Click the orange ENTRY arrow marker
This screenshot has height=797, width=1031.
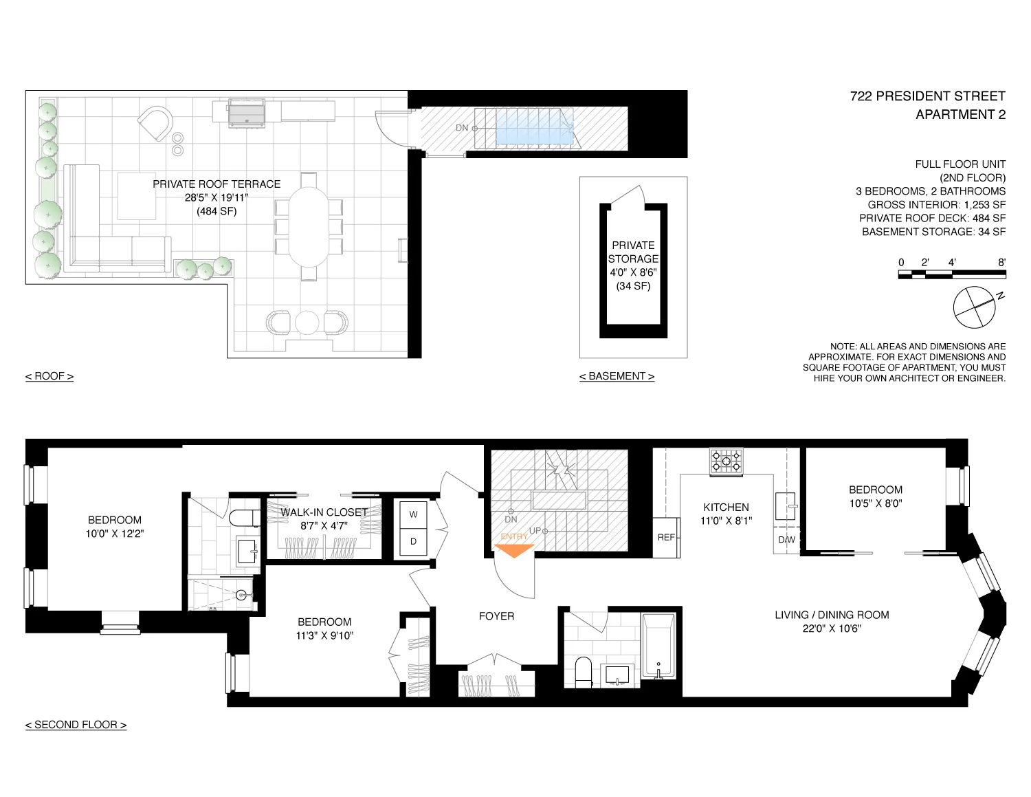(x=514, y=550)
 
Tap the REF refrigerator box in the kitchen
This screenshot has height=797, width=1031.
(x=666, y=537)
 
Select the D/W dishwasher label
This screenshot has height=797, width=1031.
(x=786, y=540)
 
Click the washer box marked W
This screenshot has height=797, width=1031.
(x=413, y=514)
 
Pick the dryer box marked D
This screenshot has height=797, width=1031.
(x=413, y=541)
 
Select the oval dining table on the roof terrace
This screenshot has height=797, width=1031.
(x=309, y=226)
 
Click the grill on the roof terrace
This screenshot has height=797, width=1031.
(x=246, y=113)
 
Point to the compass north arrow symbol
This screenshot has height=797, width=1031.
(x=975, y=307)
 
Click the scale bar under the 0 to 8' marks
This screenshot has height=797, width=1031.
(x=951, y=274)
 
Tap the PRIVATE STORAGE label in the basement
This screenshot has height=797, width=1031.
(x=633, y=252)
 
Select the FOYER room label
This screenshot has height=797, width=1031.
(x=496, y=616)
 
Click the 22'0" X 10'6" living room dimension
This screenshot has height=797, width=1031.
(x=832, y=629)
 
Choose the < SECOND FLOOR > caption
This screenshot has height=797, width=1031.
(x=76, y=725)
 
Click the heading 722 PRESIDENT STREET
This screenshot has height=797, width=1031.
(x=927, y=96)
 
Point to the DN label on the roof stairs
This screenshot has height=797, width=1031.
(x=462, y=128)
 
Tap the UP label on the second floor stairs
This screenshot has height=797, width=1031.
(x=535, y=530)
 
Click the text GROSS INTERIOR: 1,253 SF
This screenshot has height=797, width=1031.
(x=936, y=205)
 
